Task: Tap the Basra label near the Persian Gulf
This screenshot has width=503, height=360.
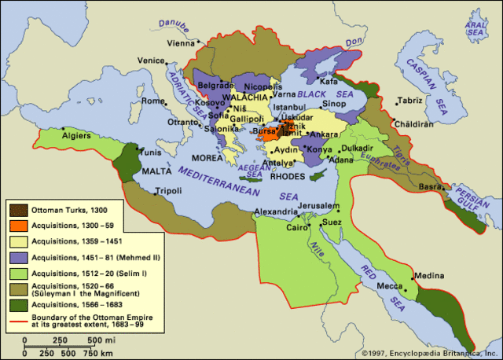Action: click(x=432, y=187)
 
